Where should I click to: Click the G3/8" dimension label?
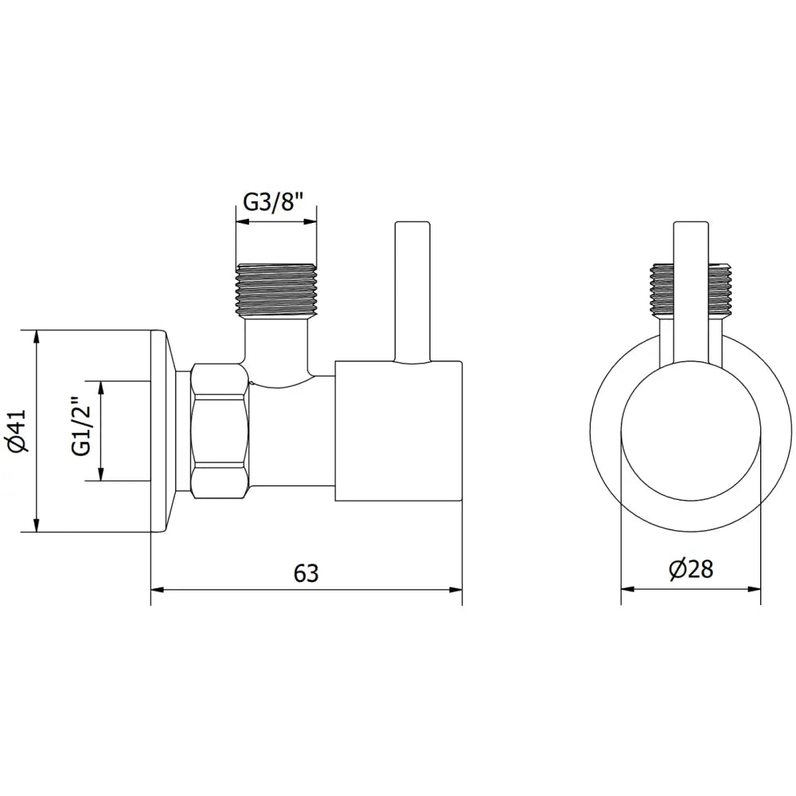[x=275, y=201]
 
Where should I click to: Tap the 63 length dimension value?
[x=306, y=573]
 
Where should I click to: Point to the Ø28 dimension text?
[x=690, y=570]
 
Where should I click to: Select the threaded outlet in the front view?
[x=690, y=288]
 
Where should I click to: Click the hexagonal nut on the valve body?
[x=220, y=430]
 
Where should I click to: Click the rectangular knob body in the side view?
[x=398, y=431]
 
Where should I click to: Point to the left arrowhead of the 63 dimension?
[x=157, y=590]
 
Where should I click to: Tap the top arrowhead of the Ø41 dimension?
[x=36, y=334]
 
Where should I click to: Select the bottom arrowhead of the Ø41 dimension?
[x=36, y=526]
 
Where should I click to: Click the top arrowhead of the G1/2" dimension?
[x=100, y=386]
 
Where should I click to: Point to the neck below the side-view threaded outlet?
[x=275, y=342]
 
